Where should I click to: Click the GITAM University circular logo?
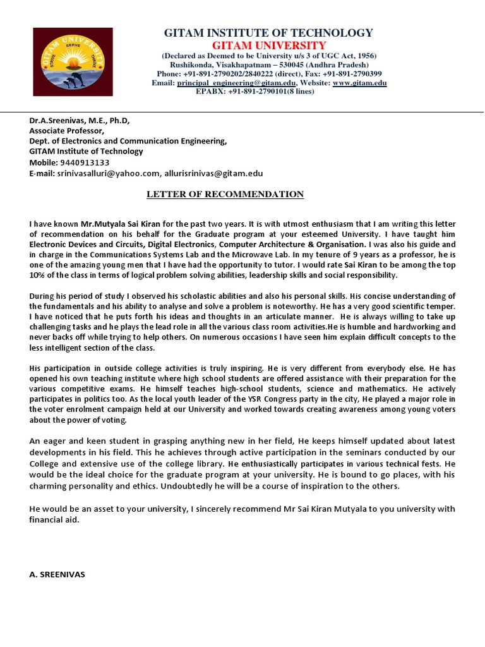73,61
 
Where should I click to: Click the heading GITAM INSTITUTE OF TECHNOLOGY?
268,33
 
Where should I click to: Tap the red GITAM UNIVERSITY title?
268,45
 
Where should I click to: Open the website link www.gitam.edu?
359,83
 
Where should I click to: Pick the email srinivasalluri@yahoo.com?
108,173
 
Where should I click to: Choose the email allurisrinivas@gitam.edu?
213,173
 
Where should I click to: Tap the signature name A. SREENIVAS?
57,575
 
